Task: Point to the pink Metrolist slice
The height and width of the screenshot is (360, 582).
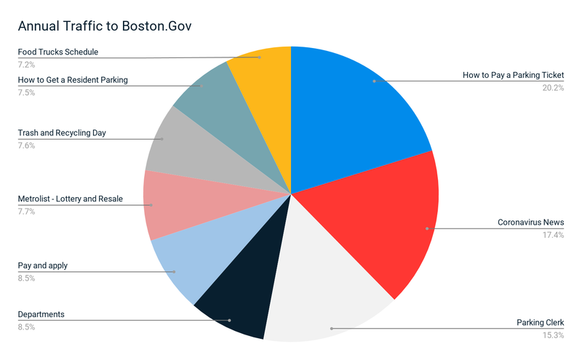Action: [175, 204]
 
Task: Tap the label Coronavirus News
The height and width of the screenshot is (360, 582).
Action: [530, 222]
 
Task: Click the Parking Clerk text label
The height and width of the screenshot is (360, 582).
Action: [540, 322]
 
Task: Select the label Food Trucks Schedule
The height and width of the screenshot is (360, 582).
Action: [57, 52]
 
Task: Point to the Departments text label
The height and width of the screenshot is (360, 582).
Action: [41, 314]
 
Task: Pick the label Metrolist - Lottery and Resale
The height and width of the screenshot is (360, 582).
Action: [70, 199]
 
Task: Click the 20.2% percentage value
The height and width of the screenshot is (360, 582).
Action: [552, 88]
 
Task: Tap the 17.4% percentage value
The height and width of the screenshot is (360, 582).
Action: [552, 234]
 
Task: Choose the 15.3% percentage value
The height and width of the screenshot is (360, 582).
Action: [552, 335]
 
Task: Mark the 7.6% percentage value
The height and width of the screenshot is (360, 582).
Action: [26, 145]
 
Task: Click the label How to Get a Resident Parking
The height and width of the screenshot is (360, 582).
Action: [73, 80]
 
